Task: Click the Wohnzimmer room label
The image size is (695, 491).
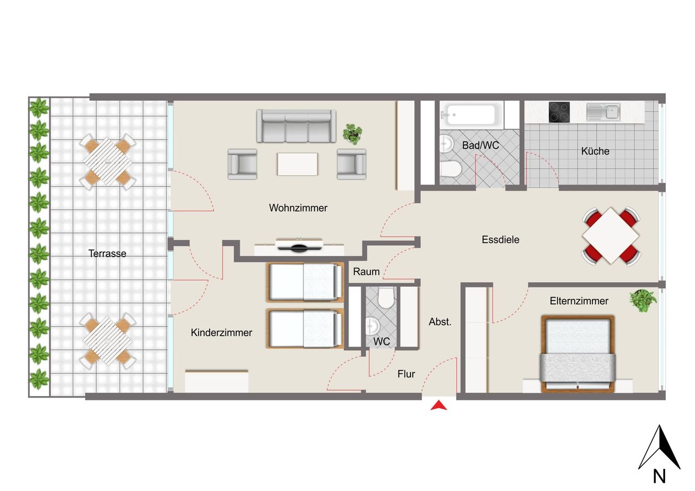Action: coord(298,208)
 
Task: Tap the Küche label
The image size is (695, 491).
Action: coord(595,151)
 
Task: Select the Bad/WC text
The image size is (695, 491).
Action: coord(481,145)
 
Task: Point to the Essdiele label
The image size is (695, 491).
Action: coord(501,239)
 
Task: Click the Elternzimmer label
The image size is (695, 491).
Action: coord(579,301)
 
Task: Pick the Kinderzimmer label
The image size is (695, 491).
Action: coord(221,333)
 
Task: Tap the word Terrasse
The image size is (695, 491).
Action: coord(108,253)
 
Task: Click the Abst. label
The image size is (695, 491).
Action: coord(440,322)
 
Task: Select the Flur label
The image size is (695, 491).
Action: coord(406,374)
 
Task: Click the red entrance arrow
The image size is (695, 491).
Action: coord(439,405)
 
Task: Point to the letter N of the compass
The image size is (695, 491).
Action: coord(659,476)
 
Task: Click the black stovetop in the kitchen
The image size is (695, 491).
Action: coord(559,112)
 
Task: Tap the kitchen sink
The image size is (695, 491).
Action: coord(603,112)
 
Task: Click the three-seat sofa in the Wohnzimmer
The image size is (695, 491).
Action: coord(296,126)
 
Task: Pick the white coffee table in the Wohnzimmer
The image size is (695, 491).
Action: coord(298,164)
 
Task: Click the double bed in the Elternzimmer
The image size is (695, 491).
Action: coord(578,354)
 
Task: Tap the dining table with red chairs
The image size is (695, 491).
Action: coord(611,236)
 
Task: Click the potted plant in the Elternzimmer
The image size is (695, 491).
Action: coord(643,301)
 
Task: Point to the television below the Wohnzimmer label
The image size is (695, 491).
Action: coord(299,247)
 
